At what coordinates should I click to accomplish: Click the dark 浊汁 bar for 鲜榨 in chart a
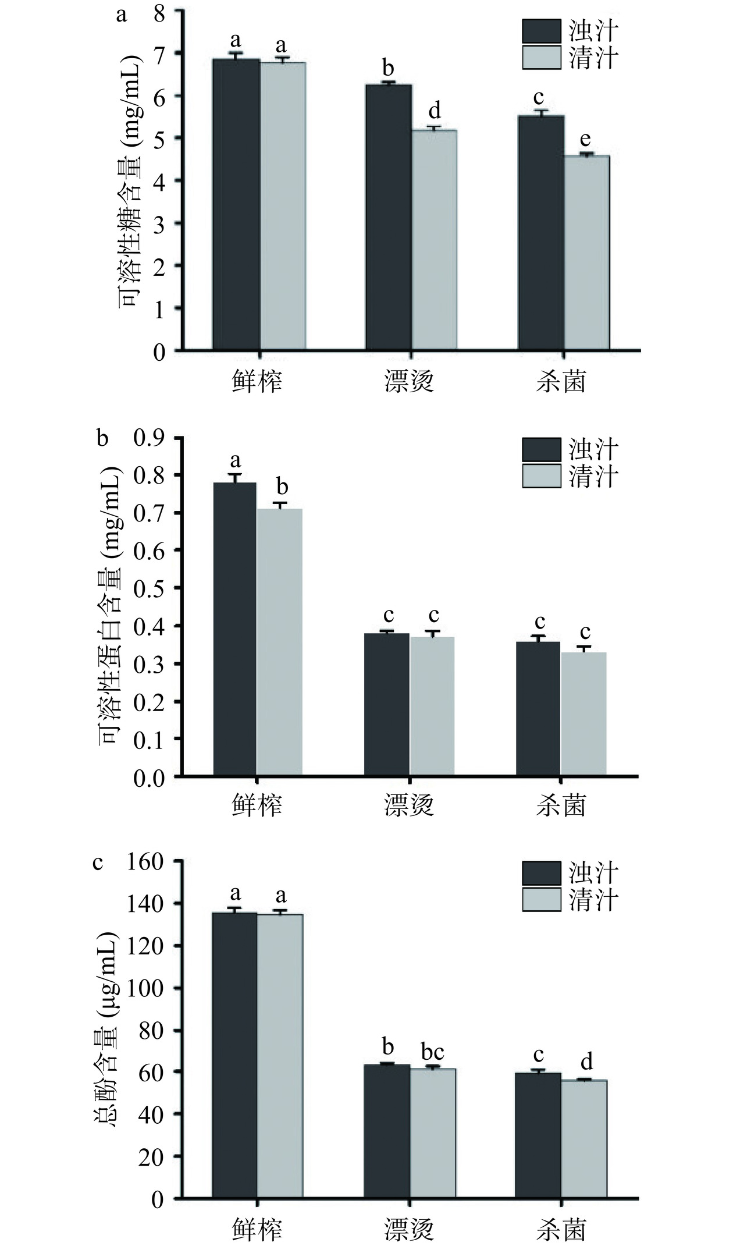(236, 204)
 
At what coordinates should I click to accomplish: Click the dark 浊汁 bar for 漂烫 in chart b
(387, 704)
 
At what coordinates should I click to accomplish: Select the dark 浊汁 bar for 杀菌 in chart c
(539, 1134)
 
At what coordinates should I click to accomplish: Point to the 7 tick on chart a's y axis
(159, 54)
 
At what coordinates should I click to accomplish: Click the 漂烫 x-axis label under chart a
(409, 382)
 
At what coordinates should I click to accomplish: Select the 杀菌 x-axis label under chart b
(561, 806)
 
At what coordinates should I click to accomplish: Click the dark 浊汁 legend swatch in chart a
(541, 31)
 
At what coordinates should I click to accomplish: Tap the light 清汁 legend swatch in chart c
(541, 1074)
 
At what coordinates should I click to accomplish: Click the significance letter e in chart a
(585, 140)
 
